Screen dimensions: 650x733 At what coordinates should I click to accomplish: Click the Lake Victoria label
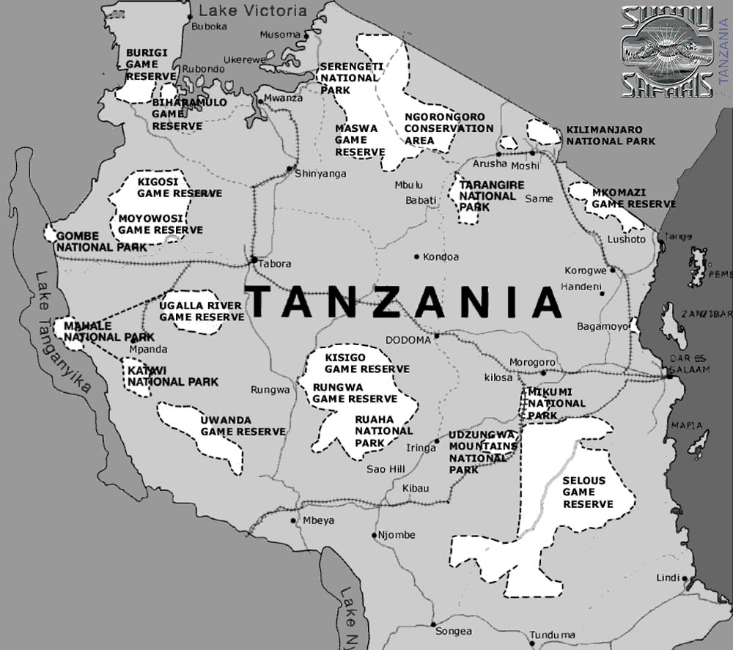click(253, 10)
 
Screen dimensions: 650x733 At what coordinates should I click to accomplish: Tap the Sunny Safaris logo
click(667, 52)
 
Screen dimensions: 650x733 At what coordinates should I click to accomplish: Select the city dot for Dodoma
click(436, 336)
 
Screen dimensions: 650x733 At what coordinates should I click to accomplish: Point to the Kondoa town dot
click(416, 256)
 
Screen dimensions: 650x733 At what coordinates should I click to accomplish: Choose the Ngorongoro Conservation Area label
click(449, 128)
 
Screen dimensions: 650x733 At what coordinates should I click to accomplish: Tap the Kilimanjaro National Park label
click(610, 135)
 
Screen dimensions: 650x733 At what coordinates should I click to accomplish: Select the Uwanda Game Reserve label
click(243, 426)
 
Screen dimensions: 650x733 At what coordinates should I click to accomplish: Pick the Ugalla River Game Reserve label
click(202, 311)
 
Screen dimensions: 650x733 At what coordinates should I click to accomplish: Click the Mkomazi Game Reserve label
click(633, 198)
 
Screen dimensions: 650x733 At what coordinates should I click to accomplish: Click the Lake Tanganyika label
click(63, 334)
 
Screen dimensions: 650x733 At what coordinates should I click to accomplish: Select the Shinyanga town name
click(320, 174)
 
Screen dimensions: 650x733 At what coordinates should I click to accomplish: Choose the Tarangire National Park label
click(491, 196)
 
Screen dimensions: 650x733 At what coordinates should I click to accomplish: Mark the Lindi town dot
click(685, 578)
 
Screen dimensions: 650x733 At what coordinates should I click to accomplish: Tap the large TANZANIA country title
click(402, 301)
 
